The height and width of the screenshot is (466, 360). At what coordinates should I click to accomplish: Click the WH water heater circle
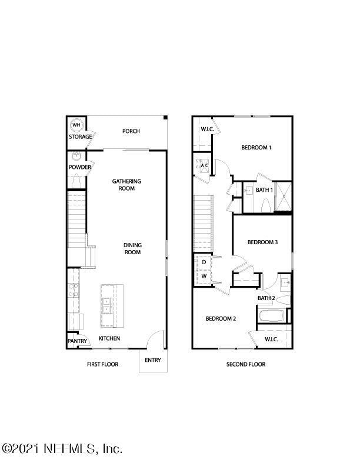pos(76,125)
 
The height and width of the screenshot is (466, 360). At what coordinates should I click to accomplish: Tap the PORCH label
pos(131,131)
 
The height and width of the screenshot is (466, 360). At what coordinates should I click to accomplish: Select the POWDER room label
pos(79,167)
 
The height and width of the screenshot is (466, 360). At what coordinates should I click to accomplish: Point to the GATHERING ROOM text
pos(127,185)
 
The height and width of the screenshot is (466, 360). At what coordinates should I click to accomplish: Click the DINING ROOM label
pos(132,248)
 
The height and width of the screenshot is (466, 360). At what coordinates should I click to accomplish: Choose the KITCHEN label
pos(109,338)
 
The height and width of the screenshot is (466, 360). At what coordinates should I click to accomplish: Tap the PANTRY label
pos(77,341)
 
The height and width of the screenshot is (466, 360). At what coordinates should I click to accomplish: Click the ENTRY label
pos(152,360)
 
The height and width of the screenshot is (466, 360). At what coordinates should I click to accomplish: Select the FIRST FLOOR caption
pos(102,364)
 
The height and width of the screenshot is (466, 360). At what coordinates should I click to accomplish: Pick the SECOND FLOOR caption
pos(246,364)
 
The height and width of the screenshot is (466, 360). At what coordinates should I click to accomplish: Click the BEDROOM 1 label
pos(256,148)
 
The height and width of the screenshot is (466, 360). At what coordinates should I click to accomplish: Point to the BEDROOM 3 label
pos(262,242)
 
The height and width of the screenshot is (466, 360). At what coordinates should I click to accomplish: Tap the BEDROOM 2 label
pos(221,319)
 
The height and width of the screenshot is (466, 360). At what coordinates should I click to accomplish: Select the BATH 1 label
pos(264,190)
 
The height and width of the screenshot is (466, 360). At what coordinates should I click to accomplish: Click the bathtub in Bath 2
pos(271,315)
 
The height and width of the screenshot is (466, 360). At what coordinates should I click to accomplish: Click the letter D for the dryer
pos(204,262)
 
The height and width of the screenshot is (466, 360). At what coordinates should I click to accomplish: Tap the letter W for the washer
pos(204,275)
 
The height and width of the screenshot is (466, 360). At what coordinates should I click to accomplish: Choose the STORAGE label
pos(80,137)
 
